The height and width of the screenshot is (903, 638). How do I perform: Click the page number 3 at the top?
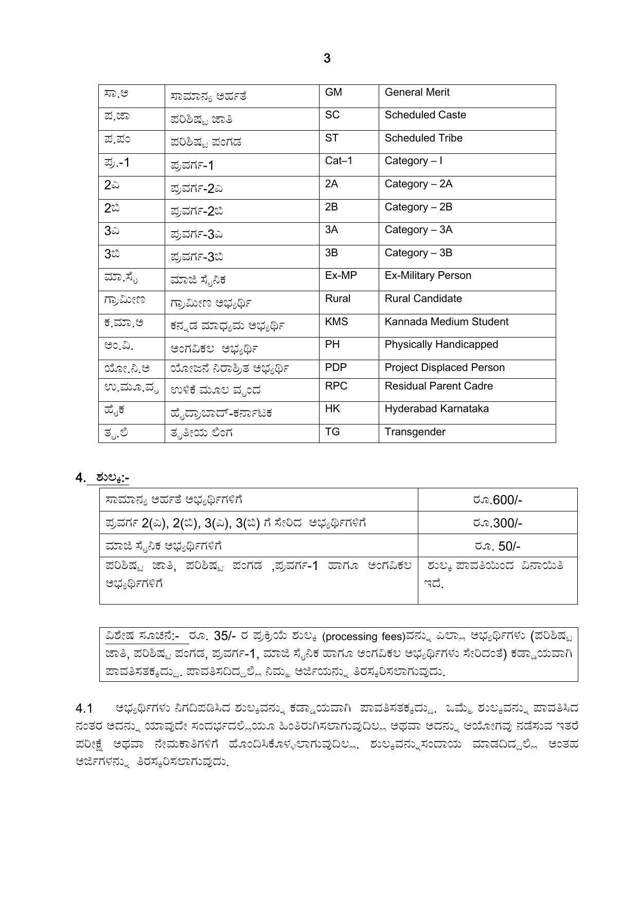click(x=327, y=59)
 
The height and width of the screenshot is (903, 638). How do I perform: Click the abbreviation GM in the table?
click(x=333, y=93)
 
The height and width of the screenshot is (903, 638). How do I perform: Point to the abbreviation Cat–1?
click(x=339, y=161)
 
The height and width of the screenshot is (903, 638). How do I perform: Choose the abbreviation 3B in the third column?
click(x=331, y=253)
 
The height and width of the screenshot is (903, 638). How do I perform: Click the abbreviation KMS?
click(x=336, y=322)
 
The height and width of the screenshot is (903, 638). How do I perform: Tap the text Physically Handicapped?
click(x=441, y=345)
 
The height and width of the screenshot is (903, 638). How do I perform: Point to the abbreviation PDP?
click(x=335, y=368)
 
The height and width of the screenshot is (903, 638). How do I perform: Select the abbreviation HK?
click(x=332, y=409)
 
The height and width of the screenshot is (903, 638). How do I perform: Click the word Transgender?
click(x=415, y=432)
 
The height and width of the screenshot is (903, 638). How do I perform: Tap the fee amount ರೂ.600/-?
click(x=497, y=500)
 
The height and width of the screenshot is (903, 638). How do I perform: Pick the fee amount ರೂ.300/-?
click(x=497, y=523)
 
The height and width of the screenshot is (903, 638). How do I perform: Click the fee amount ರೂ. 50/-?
click(x=497, y=546)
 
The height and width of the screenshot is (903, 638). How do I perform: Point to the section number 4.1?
click(x=84, y=709)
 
